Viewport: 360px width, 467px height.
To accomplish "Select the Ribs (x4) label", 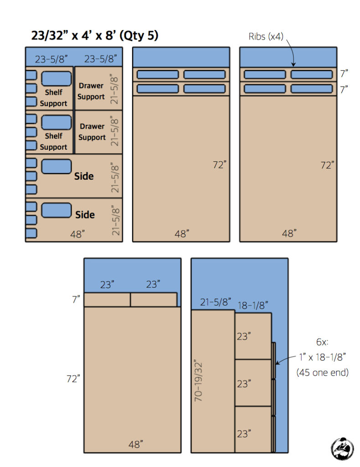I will pyautogui.click(x=265, y=37).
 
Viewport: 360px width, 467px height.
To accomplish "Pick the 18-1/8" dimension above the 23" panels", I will pyautogui.click(x=253, y=304).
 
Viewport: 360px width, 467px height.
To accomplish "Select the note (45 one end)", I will pyautogui.click(x=323, y=373).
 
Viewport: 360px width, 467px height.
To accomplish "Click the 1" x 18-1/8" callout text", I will pyautogui.click(x=323, y=357).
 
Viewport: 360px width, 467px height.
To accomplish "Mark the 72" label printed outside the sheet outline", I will pyautogui.click(x=73, y=379).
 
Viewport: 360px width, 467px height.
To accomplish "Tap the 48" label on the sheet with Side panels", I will pyautogui.click(x=77, y=234).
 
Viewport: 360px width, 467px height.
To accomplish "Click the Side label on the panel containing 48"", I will pyautogui.click(x=85, y=215).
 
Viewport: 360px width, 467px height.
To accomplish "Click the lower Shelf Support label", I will pyautogui.click(x=53, y=141).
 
